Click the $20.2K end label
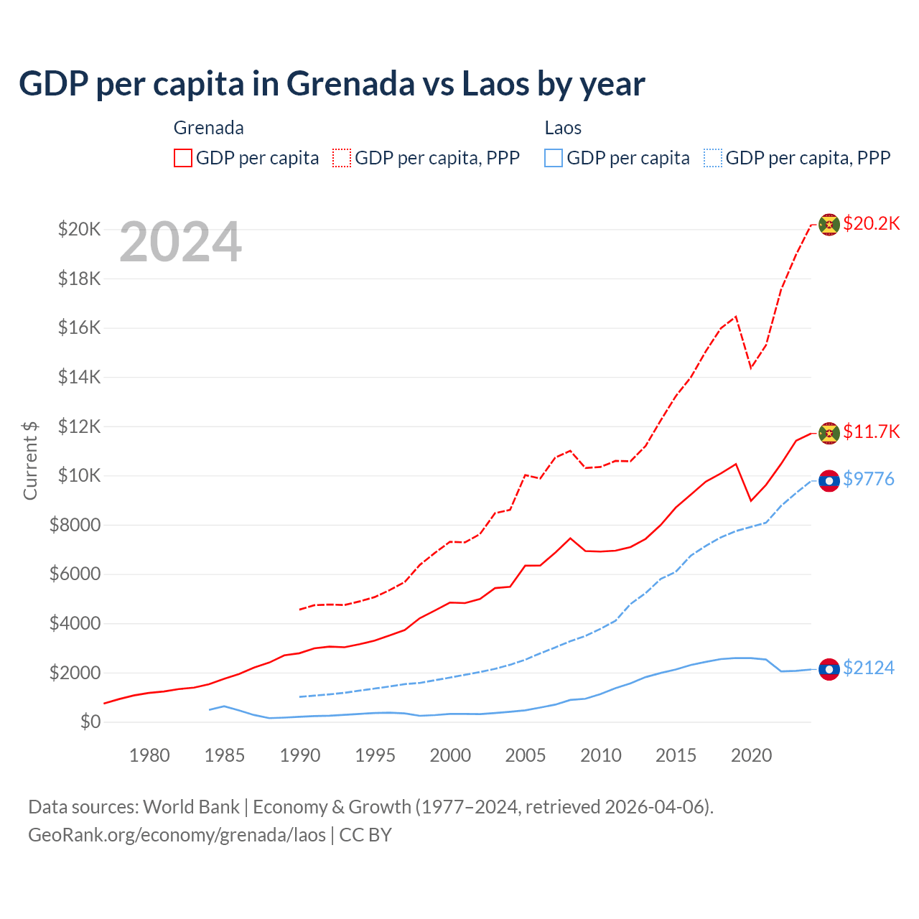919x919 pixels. tap(871, 223)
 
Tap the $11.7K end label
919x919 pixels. tap(871, 431)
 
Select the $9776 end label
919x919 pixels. tap(869, 479)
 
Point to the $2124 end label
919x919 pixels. tap(869, 668)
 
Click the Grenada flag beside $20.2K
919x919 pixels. tap(829, 225)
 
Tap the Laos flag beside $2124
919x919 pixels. tap(829, 669)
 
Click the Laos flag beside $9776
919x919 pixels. tap(829, 480)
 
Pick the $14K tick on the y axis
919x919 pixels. tap(79, 377)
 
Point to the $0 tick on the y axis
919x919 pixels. tap(90, 722)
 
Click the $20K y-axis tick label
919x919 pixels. tap(79, 230)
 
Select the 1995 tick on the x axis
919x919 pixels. tap(375, 755)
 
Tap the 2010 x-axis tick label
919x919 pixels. tap(601, 755)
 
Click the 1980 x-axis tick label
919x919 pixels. tap(149, 755)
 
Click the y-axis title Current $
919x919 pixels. tap(30, 460)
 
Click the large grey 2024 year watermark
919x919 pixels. tap(180, 243)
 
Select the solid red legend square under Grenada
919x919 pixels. tap(183, 158)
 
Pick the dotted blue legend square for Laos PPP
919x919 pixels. tap(713, 158)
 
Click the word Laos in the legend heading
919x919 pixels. tap(563, 128)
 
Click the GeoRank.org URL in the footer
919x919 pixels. tap(177, 835)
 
